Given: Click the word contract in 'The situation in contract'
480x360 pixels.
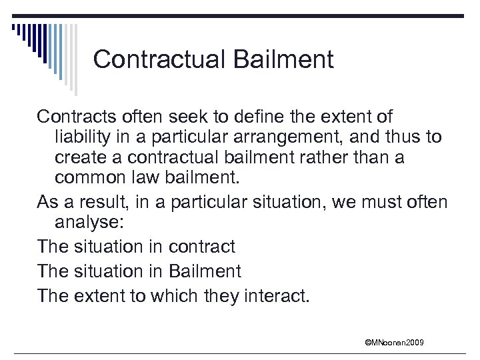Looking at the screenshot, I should [201, 247].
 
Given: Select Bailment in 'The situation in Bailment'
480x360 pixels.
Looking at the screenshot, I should [205, 271].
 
